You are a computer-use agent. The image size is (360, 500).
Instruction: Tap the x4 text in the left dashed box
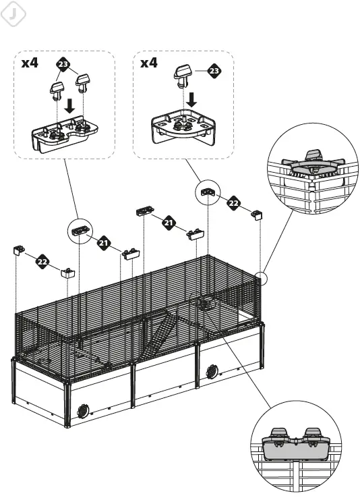coord(30,63)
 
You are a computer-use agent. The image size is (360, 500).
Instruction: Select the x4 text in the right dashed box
coord(149,63)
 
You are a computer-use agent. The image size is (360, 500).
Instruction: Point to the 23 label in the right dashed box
coord(214,70)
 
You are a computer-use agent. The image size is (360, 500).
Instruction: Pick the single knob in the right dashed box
coord(183,75)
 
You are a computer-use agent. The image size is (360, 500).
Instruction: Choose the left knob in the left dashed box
coord(57,89)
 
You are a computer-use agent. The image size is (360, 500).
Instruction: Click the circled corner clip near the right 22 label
coord(208,192)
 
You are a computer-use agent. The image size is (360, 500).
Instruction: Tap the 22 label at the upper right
coord(233,202)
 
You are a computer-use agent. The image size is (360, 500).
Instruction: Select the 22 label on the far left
coord(43,261)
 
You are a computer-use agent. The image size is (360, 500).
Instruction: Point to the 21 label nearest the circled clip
coord(103,242)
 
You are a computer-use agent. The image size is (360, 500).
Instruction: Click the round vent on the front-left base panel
coord(84,409)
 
